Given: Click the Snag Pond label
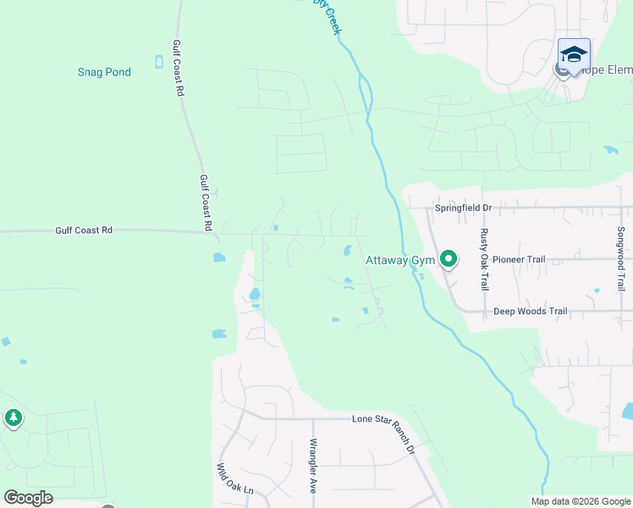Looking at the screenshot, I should (x=104, y=72).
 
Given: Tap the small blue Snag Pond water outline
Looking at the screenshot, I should (x=158, y=61).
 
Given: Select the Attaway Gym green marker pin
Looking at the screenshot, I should (x=449, y=259).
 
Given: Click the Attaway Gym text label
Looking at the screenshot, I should (x=399, y=260).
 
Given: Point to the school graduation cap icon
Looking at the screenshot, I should (x=574, y=53).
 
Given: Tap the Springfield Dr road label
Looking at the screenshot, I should (x=463, y=207).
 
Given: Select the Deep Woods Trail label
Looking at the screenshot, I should (x=530, y=312).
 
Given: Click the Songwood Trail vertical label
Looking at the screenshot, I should (x=620, y=259).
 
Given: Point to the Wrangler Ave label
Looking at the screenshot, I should (x=313, y=467).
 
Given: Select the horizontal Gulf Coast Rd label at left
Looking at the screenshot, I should (x=84, y=229).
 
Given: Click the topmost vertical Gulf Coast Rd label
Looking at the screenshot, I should (x=178, y=69).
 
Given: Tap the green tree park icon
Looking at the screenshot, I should (x=13, y=417).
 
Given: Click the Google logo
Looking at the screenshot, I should (x=28, y=498).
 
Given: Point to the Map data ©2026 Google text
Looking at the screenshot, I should (x=580, y=501).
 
